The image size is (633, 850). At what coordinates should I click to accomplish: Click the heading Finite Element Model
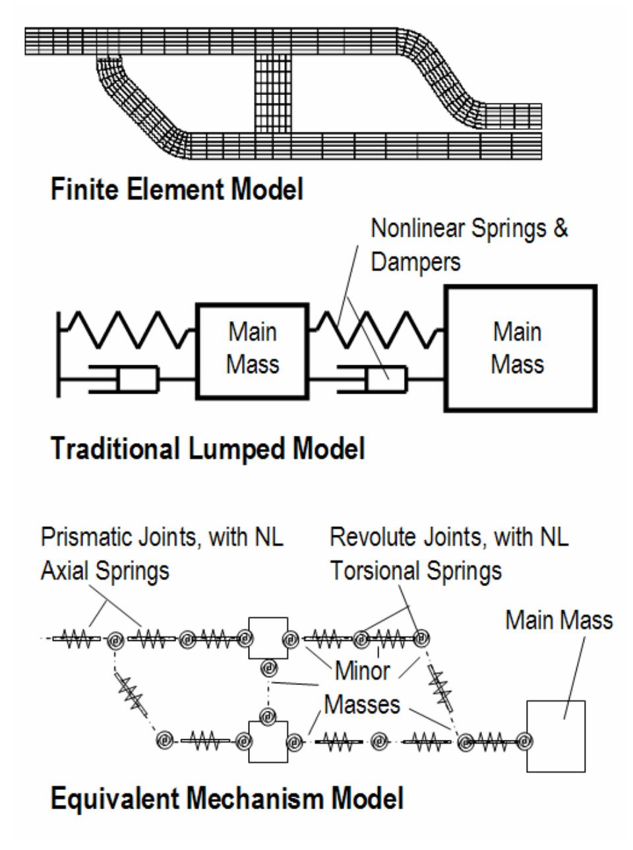pyautogui.click(x=177, y=190)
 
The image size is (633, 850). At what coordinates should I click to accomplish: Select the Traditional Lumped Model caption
pyautogui.click(x=208, y=449)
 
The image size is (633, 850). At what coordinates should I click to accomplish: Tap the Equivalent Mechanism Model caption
pyautogui.click(x=227, y=799)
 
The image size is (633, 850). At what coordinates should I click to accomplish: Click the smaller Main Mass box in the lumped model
pyautogui.click(x=253, y=350)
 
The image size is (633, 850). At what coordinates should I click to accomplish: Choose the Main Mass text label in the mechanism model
pyautogui.click(x=559, y=620)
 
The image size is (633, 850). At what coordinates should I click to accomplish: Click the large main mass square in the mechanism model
pyautogui.click(x=555, y=736)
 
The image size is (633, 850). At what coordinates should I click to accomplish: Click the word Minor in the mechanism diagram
pyautogui.click(x=363, y=671)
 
